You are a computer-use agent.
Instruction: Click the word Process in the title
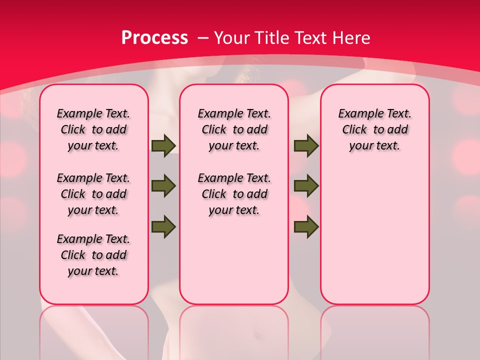click(154, 38)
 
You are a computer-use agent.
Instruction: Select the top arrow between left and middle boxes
click(163, 146)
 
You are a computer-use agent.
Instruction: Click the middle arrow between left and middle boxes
click(163, 186)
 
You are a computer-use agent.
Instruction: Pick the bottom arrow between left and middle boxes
click(163, 226)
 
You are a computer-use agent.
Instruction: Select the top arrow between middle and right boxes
click(306, 146)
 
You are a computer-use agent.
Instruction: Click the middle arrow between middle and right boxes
click(306, 186)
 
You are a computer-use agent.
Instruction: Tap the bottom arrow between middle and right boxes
click(306, 226)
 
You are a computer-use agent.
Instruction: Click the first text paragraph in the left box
click(93, 129)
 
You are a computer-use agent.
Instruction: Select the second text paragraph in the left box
click(93, 194)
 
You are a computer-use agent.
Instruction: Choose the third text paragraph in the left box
click(93, 255)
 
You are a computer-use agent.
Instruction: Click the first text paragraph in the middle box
click(234, 129)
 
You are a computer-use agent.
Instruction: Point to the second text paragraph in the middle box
click(234, 194)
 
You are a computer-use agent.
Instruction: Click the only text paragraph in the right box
click(374, 129)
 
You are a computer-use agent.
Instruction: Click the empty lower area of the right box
click(374, 240)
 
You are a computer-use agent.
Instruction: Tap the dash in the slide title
click(203, 38)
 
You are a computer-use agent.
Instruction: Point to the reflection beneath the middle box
click(234, 330)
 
